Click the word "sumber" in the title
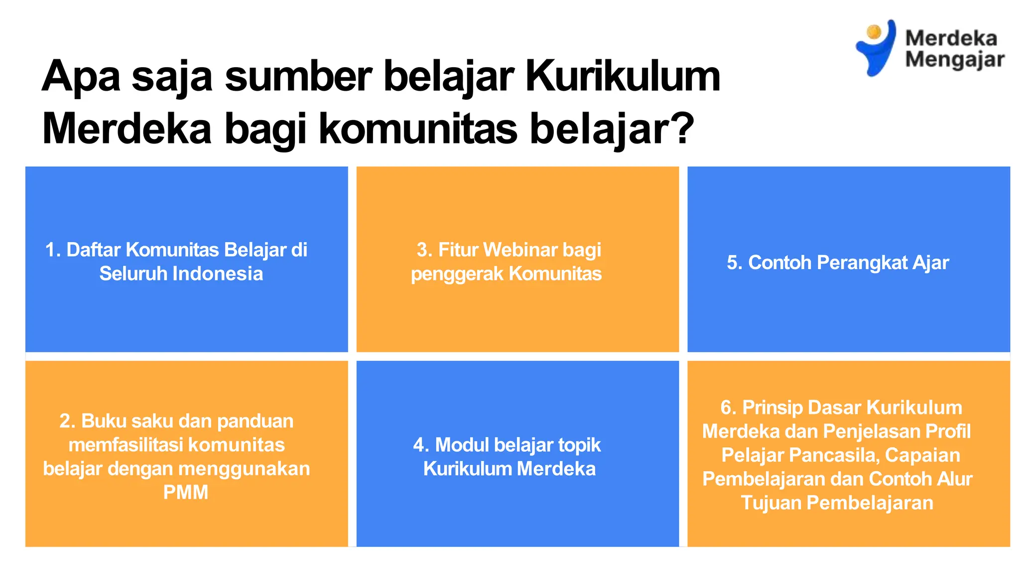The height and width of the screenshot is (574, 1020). coord(298,77)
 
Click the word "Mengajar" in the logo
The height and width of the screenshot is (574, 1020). coord(954,60)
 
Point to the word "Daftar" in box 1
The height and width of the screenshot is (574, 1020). coord(93,250)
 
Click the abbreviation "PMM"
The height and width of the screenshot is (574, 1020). coord(186,492)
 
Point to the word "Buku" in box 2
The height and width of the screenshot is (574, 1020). coord(103,421)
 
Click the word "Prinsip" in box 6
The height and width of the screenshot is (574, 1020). coord(772,408)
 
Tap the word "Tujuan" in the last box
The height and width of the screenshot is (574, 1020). coord(771,503)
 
